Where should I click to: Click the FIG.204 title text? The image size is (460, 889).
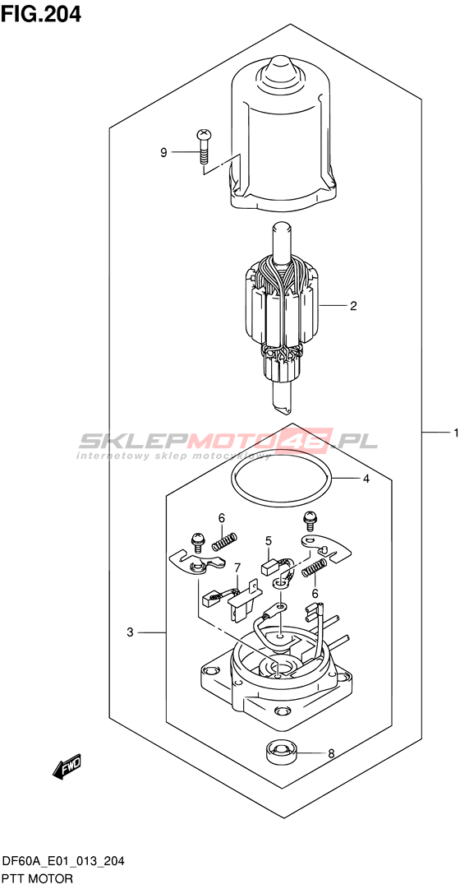coord(41,13)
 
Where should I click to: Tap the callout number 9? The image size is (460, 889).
coord(163,152)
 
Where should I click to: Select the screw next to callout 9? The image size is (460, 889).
coord(202,146)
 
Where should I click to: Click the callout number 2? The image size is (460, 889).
coord(353,306)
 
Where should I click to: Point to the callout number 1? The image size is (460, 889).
coord(455,433)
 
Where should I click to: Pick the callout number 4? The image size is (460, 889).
coord(366,479)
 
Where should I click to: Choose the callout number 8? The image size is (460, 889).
coord(331,754)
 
